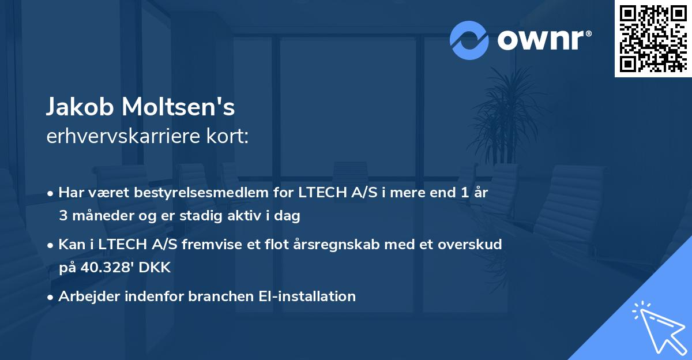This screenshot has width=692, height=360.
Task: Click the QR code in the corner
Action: coord(653,39)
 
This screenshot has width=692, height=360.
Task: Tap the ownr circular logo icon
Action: coord(469,40)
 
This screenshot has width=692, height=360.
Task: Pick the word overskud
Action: coord(471,245)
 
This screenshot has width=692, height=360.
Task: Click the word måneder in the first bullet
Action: coord(99,216)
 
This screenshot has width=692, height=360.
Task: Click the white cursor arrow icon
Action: coord(660,328)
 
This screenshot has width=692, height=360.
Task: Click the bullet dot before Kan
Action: coord(51,245)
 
